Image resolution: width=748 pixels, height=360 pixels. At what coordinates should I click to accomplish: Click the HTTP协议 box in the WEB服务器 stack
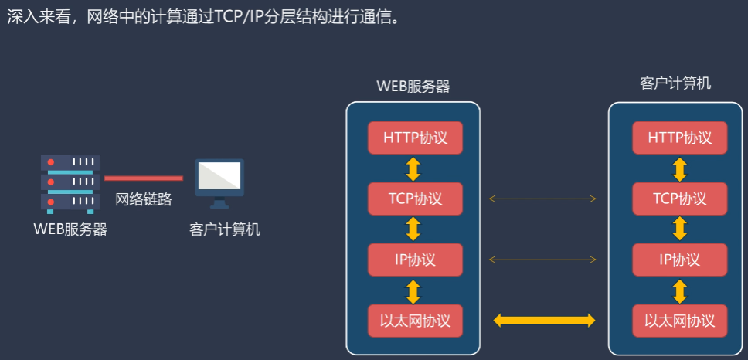[415, 138]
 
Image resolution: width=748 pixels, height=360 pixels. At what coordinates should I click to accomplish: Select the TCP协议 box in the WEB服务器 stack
[415, 199]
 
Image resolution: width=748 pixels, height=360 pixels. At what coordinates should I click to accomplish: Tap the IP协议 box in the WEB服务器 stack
[415, 260]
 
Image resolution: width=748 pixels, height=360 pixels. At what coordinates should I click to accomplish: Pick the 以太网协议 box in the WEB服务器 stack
[415, 321]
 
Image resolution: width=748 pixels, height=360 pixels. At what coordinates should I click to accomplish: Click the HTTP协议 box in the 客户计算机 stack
[679, 138]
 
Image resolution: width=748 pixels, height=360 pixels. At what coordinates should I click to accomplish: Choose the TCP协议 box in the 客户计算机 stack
[679, 199]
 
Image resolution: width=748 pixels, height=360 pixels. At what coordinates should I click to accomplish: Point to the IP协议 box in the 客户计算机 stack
[679, 260]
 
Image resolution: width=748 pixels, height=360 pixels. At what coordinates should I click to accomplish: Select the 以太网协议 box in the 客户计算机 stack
[679, 321]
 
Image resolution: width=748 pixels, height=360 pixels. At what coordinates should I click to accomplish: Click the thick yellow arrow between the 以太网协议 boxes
[544, 320]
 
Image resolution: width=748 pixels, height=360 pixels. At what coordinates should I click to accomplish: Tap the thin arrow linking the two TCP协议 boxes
[542, 199]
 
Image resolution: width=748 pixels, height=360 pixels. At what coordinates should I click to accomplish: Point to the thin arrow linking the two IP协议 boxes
[542, 260]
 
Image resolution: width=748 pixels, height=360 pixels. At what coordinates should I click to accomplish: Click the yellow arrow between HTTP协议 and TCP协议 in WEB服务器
[413, 168]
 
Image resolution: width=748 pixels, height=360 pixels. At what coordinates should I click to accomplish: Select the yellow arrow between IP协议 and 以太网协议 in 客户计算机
[680, 290]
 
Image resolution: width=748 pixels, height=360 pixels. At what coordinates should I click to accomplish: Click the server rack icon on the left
[70, 183]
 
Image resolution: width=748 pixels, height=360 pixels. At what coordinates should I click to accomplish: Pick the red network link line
[144, 178]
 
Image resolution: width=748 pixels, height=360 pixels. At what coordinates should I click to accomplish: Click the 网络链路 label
[144, 199]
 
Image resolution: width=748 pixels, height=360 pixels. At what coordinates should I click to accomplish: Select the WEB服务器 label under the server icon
[70, 229]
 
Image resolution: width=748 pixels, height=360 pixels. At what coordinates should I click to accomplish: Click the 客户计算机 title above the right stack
[676, 83]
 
